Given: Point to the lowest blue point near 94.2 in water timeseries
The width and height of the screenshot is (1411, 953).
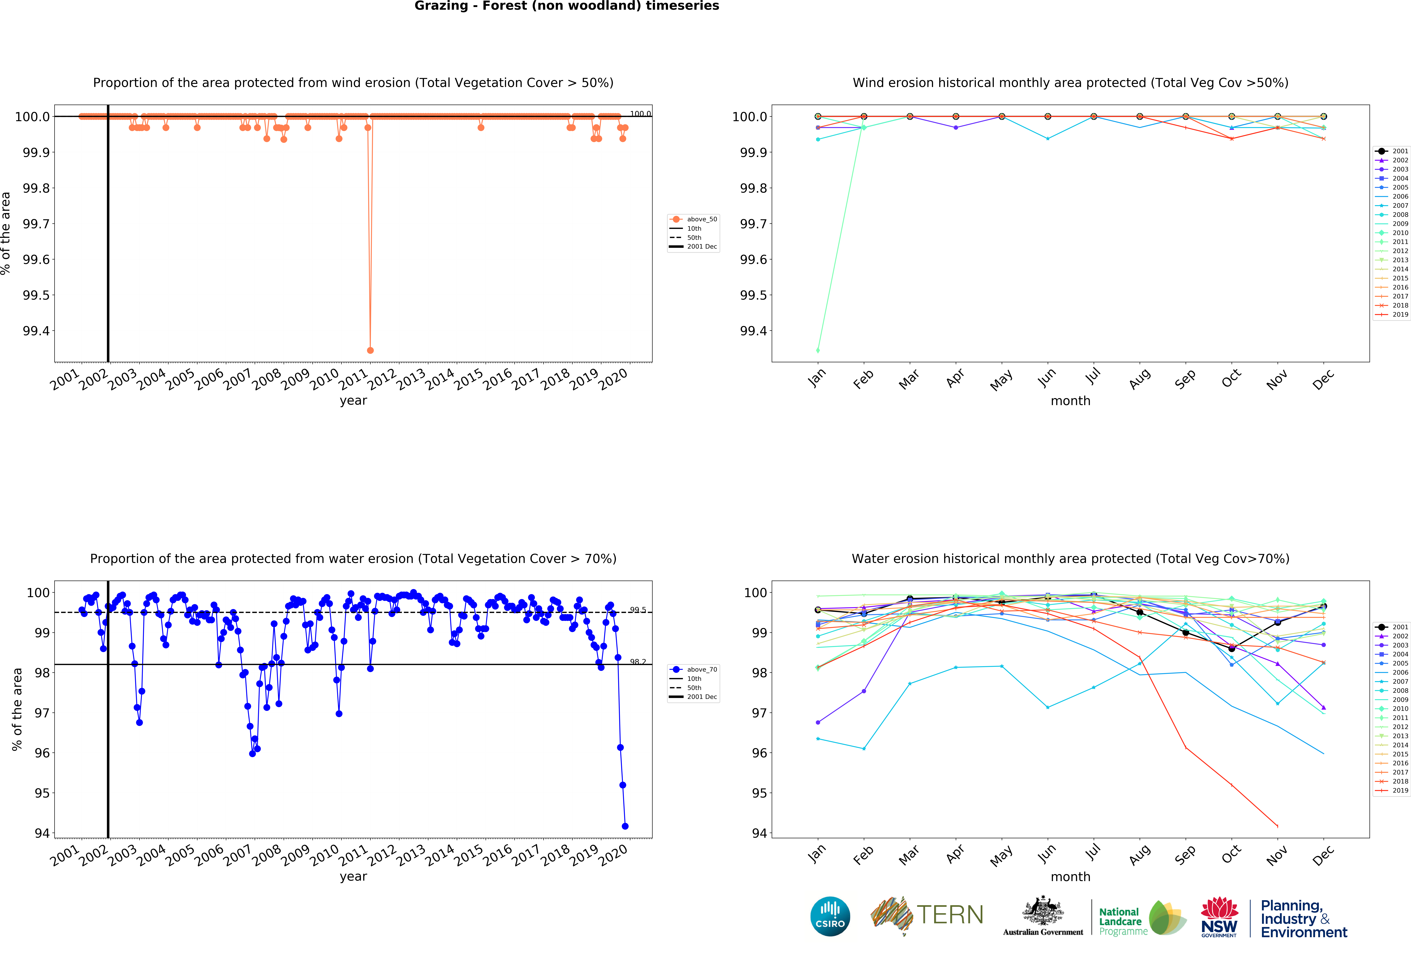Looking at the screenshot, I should tap(625, 826).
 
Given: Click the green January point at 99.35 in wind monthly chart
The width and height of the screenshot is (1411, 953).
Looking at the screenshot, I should tap(818, 350).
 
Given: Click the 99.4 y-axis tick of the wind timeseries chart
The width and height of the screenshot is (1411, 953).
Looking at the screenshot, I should tap(36, 331).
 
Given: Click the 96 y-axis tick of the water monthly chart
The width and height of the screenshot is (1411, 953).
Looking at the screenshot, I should tap(759, 753).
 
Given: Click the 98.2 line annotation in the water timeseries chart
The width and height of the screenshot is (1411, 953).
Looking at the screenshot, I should tap(638, 662).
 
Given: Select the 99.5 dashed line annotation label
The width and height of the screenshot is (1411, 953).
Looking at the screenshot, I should tap(638, 609).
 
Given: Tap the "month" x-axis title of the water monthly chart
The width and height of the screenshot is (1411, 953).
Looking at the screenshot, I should tap(1070, 876).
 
